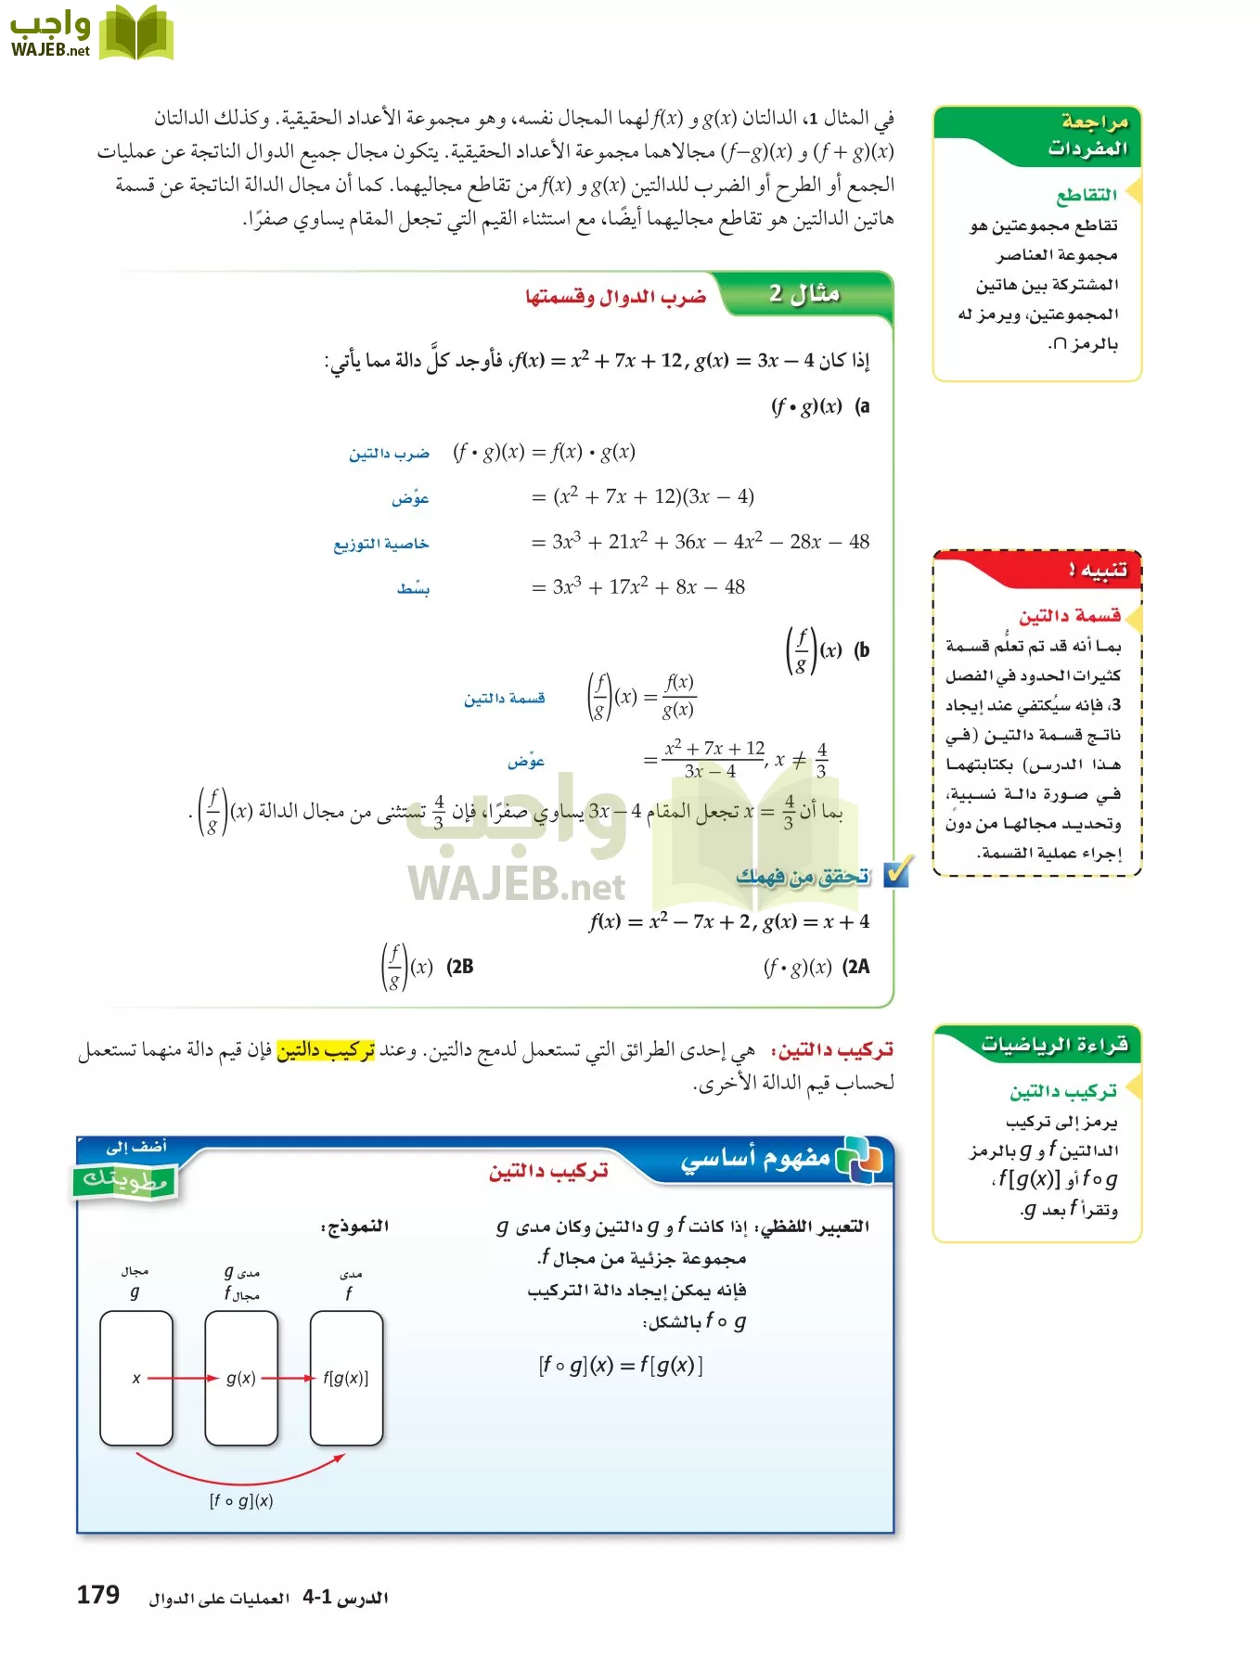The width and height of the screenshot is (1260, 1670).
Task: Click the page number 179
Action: coord(97,1595)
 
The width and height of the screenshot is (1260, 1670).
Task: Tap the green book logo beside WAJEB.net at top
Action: coord(136,33)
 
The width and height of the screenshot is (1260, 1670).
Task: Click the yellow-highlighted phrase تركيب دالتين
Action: coord(326,1050)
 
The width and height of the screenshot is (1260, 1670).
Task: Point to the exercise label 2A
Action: coord(856,967)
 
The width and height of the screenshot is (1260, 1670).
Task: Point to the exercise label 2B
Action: coord(460,967)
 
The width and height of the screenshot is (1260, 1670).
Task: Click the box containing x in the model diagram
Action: coord(136,1378)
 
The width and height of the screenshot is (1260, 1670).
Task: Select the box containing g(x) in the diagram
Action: coord(241,1378)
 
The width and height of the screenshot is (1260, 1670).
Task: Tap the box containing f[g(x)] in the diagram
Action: coord(346,1378)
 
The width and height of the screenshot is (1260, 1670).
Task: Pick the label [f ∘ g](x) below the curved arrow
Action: coord(241,1501)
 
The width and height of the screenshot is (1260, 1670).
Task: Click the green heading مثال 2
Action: coord(804,294)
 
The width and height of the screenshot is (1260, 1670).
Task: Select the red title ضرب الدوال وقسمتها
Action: coord(615,297)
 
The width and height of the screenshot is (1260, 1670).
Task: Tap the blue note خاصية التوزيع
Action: coord(381,544)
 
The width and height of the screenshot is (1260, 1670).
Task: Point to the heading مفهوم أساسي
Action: coord(755,1159)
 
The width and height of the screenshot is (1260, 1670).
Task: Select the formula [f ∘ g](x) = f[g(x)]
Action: coord(621,1366)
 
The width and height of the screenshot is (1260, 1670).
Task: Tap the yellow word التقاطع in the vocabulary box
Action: coord(1086,195)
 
